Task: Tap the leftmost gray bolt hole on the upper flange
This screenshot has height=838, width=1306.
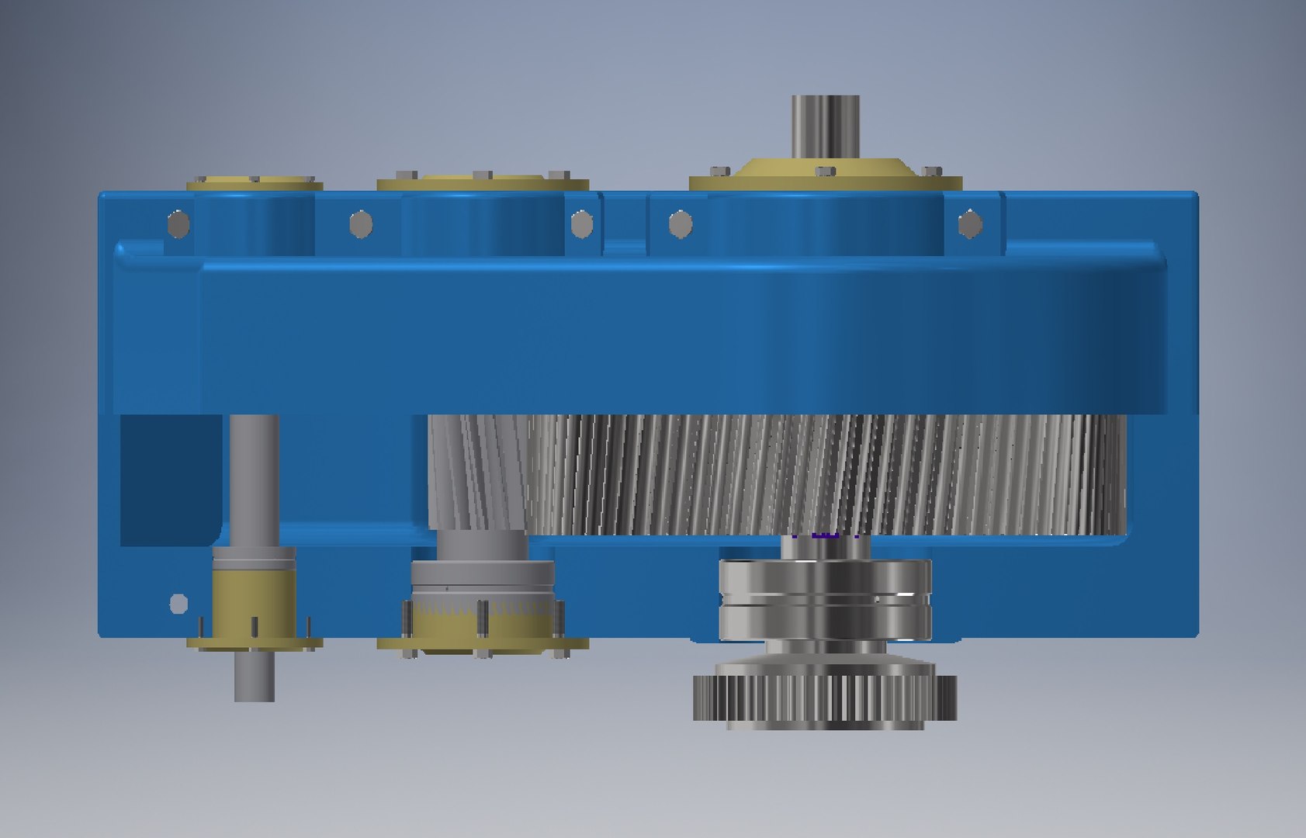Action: (178, 223)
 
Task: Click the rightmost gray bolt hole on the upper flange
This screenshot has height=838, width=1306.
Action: (970, 224)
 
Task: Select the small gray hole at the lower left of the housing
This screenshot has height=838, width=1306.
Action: (178, 603)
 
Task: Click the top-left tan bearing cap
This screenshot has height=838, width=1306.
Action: (255, 184)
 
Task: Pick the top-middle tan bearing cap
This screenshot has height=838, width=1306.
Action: (482, 183)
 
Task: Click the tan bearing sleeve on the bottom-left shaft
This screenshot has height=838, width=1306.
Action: (254, 597)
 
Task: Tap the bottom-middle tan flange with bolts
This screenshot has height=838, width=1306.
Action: (482, 643)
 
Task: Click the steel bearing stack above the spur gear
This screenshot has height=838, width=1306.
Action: (825, 597)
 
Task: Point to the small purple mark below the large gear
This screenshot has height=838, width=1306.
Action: (824, 535)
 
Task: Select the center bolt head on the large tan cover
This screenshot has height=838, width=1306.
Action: (826, 171)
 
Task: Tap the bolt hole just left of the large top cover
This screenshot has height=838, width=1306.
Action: (681, 224)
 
